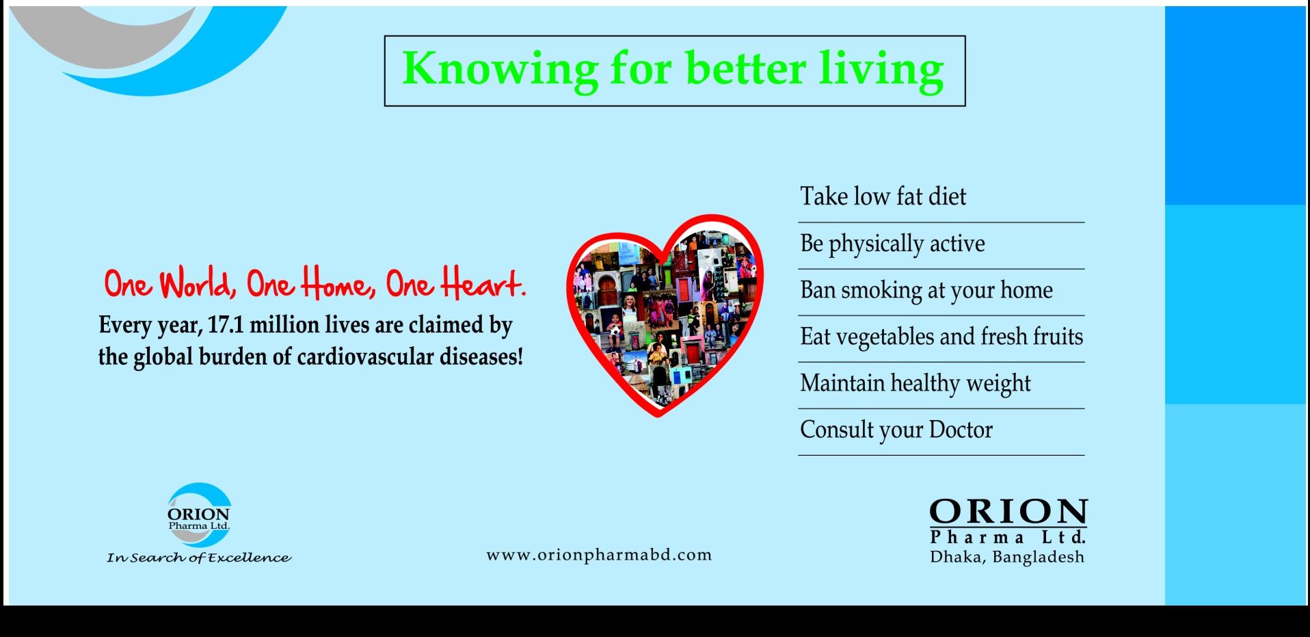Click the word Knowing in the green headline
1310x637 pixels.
point(500,70)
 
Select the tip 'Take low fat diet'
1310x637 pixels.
point(883,196)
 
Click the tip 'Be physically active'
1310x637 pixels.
point(893,244)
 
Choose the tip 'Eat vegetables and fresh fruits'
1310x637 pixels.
point(942,337)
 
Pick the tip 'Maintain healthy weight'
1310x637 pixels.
point(915,383)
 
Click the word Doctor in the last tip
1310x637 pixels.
point(961,430)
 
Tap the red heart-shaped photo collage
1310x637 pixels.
point(664,315)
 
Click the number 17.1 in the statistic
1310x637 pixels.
point(226,324)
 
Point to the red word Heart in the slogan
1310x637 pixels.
point(483,283)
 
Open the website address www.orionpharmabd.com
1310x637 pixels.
point(599,555)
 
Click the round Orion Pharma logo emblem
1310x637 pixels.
point(199,515)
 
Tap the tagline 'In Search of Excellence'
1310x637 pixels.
point(199,558)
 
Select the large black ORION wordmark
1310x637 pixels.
point(1008,512)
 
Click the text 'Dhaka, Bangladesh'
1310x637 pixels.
point(1007,557)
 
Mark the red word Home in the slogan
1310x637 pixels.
point(338,283)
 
